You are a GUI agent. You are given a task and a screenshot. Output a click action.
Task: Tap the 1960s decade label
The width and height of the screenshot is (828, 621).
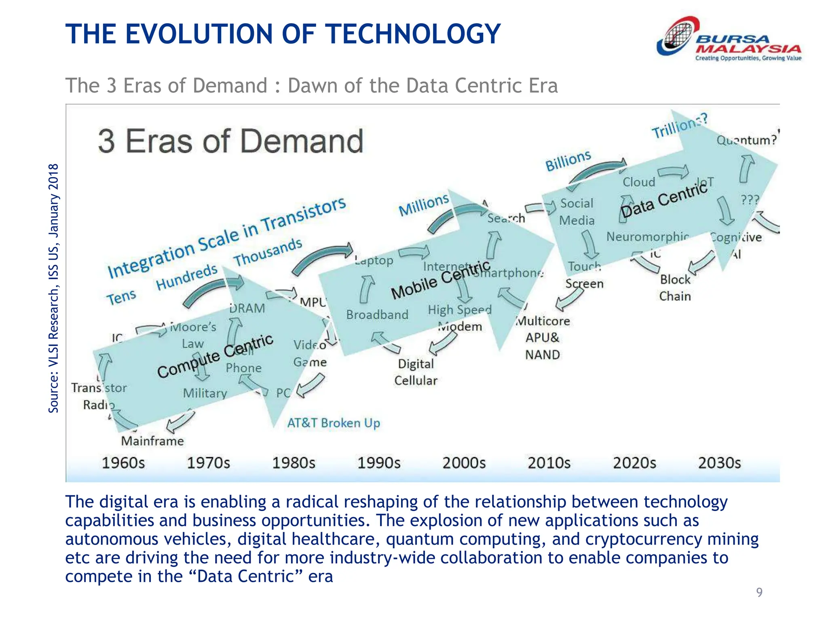click(123, 463)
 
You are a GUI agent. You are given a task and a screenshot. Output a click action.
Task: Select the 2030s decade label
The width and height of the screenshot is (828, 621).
click(719, 463)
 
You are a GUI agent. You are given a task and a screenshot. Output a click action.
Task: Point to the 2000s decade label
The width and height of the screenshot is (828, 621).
click(464, 463)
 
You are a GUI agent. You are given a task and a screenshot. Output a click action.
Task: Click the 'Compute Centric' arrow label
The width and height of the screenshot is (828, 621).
click(215, 356)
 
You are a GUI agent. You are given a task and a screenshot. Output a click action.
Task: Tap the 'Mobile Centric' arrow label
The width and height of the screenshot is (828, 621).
click(440, 280)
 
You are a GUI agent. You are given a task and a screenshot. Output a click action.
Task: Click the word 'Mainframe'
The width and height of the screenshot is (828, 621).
click(152, 441)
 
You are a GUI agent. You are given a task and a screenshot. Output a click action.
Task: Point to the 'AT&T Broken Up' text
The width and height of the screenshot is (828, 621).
click(334, 423)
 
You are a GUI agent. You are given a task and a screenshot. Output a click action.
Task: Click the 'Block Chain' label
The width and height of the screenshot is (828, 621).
click(675, 288)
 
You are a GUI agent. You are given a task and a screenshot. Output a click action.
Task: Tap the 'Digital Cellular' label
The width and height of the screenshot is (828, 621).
click(416, 372)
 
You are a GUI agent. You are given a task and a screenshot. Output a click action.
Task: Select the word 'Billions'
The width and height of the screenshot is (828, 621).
click(568, 161)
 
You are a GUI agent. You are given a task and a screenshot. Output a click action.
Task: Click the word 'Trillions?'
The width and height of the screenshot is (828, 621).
click(680, 126)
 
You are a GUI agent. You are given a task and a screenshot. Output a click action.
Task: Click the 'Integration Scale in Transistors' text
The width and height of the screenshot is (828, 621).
click(226, 239)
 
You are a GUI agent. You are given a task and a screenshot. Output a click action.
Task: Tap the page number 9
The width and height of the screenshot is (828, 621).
click(759, 592)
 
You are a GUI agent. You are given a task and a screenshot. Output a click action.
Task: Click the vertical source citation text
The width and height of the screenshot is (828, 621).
click(53, 288)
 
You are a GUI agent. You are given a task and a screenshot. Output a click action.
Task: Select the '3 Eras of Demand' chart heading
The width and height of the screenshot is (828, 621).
click(230, 141)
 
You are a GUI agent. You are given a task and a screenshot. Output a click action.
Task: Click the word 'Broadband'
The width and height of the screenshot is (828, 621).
click(377, 315)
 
